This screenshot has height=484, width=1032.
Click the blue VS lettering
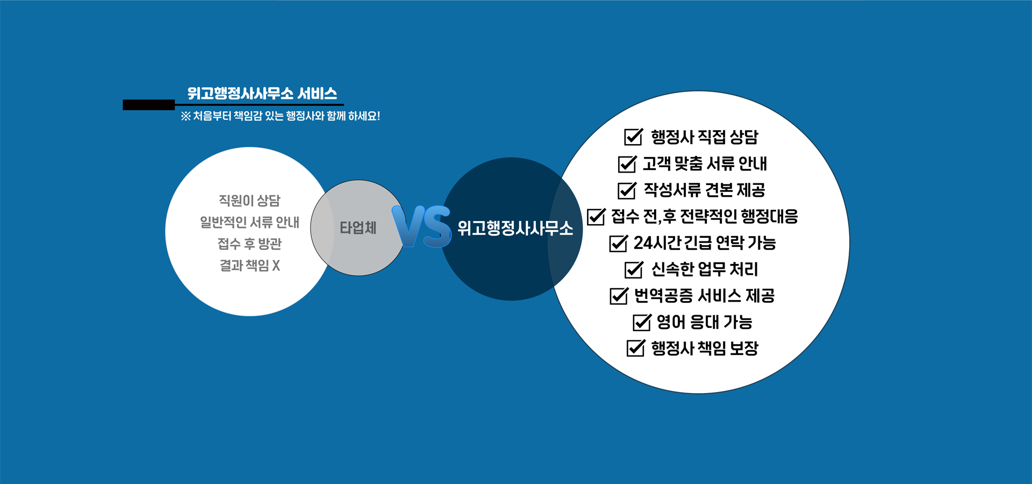[x=421, y=226]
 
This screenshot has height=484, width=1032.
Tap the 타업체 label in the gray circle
[x=358, y=228]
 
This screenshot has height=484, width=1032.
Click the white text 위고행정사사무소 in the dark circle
[x=515, y=228]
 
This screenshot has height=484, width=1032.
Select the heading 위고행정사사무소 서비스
[x=262, y=94]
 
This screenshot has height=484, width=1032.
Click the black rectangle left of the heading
[x=149, y=105]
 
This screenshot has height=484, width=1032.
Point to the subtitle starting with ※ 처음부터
[x=281, y=116]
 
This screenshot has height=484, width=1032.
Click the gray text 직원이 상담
[x=249, y=201]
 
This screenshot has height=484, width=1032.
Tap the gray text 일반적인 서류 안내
[x=249, y=222]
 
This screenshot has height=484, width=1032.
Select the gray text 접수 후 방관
[x=249, y=244]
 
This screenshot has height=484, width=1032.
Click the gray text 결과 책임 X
[x=249, y=265]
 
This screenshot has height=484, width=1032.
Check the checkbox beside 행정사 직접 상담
[x=634, y=137]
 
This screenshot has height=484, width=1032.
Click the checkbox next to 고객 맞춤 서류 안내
[x=627, y=163]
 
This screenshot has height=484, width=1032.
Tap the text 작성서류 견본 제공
[x=705, y=190]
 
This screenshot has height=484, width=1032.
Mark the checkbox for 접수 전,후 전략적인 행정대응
[x=596, y=216]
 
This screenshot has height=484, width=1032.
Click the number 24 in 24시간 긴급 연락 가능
[x=642, y=243]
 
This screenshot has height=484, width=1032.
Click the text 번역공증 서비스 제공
[x=705, y=296]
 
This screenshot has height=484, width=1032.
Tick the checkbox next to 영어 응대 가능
[x=642, y=322]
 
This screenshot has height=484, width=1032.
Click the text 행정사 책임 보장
[x=705, y=348]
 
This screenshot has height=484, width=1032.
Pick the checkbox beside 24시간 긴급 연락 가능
[x=619, y=243]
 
